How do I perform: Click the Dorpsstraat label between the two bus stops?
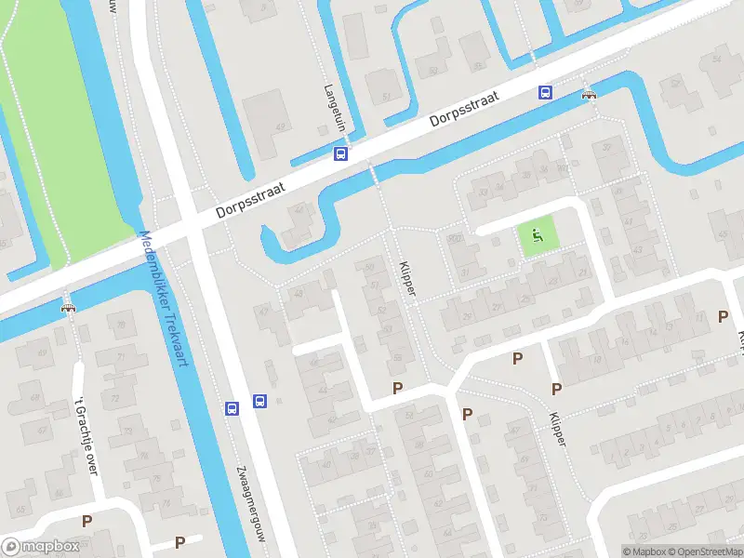click(x=465, y=109)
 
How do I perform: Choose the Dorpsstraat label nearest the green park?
click(x=249, y=198)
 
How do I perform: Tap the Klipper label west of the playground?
click(x=406, y=276)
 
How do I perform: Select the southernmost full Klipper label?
click(x=557, y=429)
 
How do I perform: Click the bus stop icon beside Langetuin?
click(x=341, y=154)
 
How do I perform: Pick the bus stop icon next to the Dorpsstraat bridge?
click(x=545, y=92)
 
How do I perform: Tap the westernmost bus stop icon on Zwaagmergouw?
click(x=232, y=407)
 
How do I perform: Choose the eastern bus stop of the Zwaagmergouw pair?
click(x=259, y=402)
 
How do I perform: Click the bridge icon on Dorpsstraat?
click(x=588, y=94)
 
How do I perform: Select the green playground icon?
click(x=535, y=236)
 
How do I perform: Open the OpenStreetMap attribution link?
click(x=708, y=551)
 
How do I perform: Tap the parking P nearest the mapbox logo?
click(x=87, y=522)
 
